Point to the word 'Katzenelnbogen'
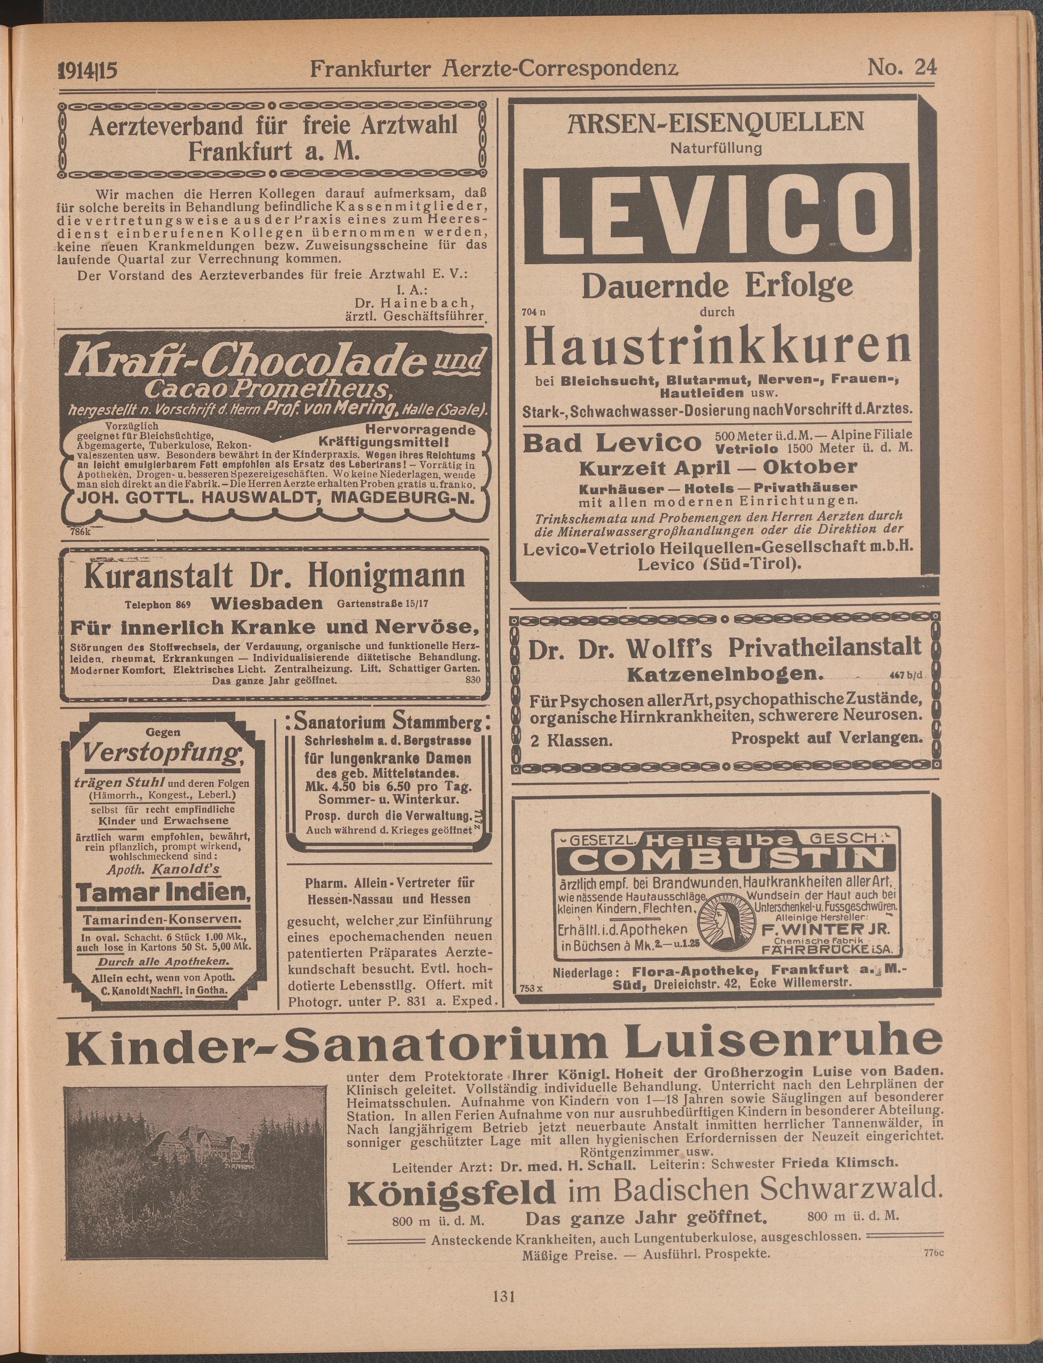click(x=725, y=674)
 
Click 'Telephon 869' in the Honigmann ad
click(x=157, y=604)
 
